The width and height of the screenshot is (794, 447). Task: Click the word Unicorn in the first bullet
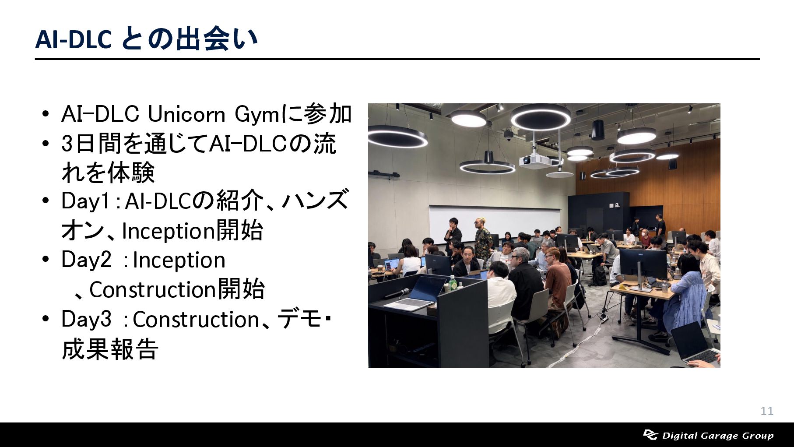click(x=186, y=115)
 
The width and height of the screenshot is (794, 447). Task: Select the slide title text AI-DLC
click(x=74, y=39)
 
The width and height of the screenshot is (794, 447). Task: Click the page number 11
click(x=767, y=411)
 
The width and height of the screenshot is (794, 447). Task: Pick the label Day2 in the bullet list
click(x=87, y=260)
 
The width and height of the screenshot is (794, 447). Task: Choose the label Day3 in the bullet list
click(x=87, y=319)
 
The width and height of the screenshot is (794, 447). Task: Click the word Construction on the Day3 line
click(x=196, y=320)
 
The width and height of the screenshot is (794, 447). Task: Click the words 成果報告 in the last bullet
click(x=110, y=349)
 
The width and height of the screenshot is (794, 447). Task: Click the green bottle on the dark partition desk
click(x=452, y=283)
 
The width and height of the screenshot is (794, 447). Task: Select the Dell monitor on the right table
click(x=643, y=264)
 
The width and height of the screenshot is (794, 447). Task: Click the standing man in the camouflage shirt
click(x=483, y=239)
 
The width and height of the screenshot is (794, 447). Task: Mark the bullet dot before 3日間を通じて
click(x=46, y=144)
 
